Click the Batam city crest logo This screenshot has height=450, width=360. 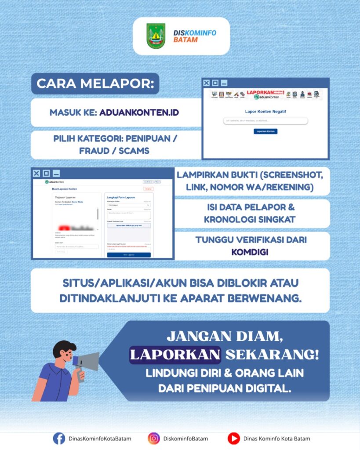[156, 36]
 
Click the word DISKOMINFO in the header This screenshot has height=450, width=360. [195, 33]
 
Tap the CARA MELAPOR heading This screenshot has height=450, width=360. [95, 84]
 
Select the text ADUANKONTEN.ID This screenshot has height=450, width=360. [139, 112]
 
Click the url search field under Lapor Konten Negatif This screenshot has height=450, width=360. [265, 120]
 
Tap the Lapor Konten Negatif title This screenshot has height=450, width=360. [265, 112]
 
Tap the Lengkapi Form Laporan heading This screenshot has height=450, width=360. [121, 197]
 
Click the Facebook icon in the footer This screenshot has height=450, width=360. [59, 438]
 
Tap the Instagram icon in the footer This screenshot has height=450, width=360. [153, 438]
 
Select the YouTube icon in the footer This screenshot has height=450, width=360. [233, 438]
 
